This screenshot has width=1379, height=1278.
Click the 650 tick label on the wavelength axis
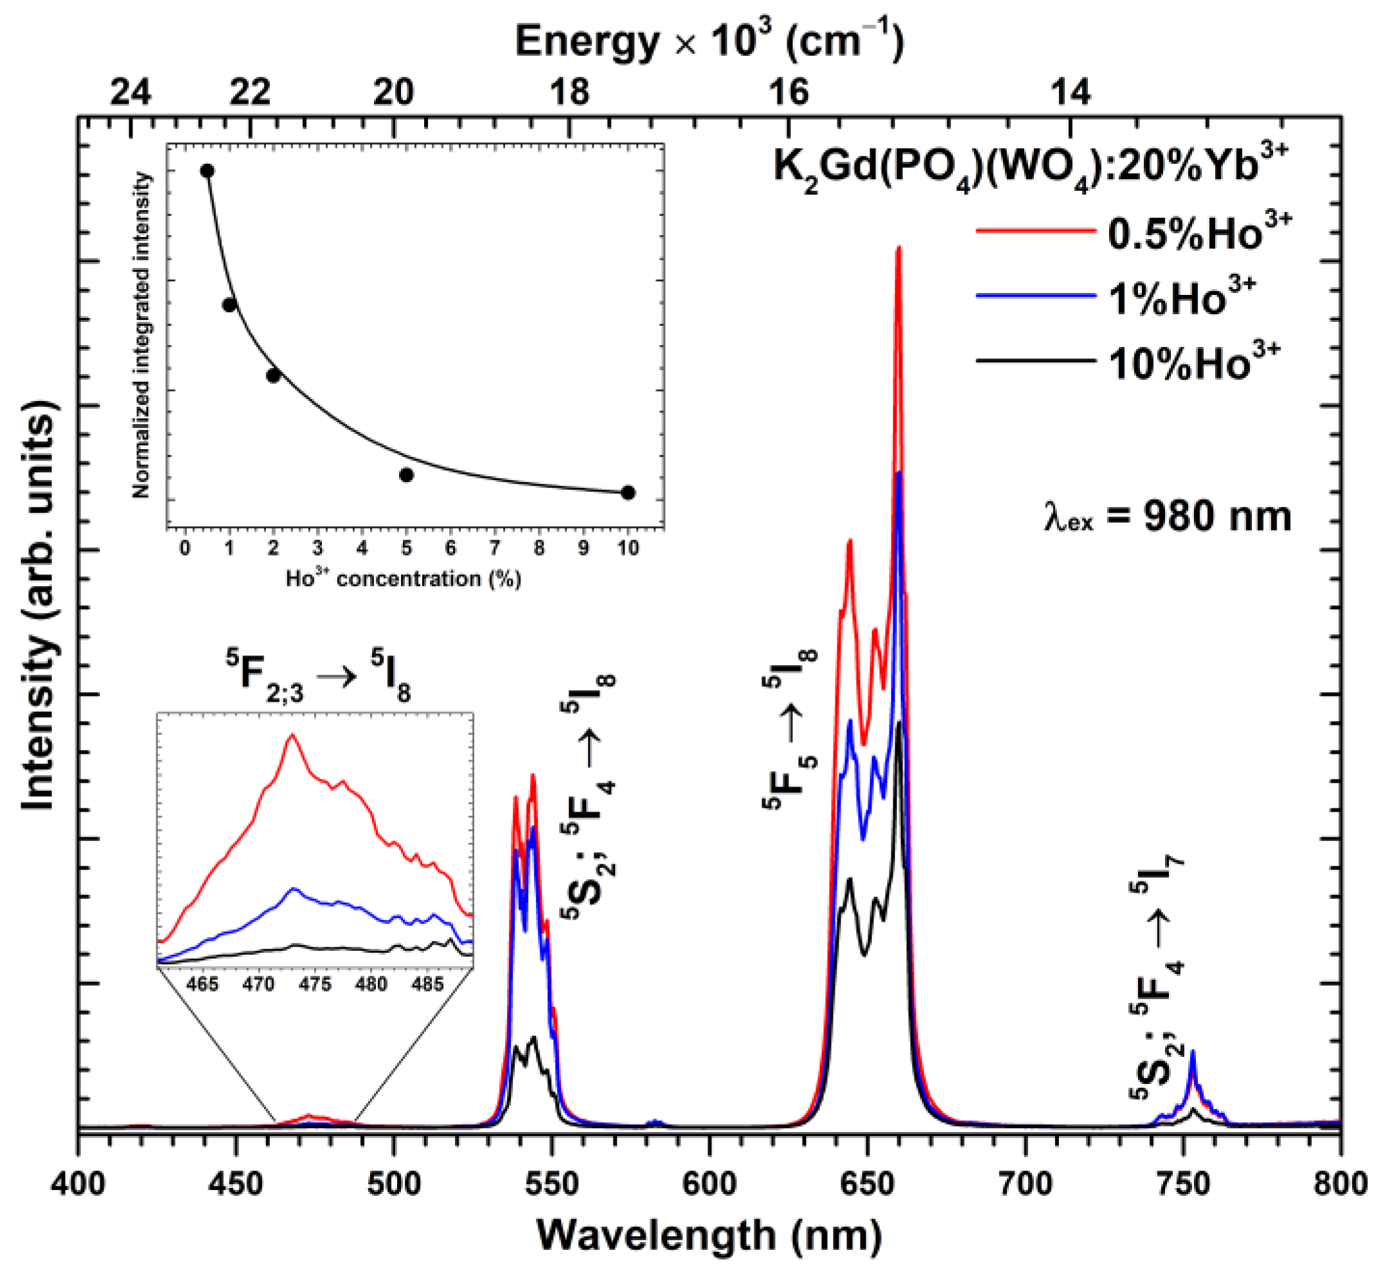click(x=867, y=1184)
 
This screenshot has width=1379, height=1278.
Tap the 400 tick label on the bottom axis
click(x=78, y=1184)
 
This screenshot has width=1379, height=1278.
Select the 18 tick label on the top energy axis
click(x=570, y=92)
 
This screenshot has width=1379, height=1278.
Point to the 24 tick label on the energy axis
click(x=130, y=92)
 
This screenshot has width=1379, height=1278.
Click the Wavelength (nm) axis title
click(x=709, y=1236)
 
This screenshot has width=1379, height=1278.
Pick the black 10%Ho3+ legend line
click(x=1035, y=361)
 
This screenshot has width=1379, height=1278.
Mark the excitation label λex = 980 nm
click(x=1167, y=517)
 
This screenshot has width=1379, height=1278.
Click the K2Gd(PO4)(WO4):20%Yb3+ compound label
click(x=1031, y=168)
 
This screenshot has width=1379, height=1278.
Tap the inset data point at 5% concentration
click(x=407, y=474)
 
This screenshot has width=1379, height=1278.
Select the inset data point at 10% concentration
click(x=628, y=492)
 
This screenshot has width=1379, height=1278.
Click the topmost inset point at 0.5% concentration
click(x=207, y=171)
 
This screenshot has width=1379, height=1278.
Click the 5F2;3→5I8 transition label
click(x=318, y=678)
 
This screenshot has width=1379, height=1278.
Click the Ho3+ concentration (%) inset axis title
click(x=403, y=578)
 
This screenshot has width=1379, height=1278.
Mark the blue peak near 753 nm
click(x=1193, y=1052)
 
